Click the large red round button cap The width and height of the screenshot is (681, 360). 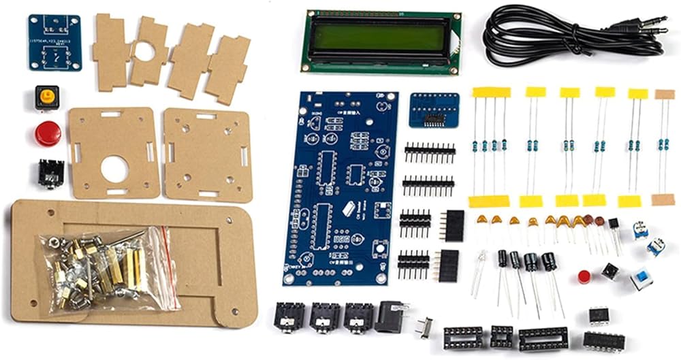[x=48, y=133]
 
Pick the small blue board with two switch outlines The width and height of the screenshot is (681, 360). [x=54, y=42]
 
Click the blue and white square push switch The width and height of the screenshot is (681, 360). [x=640, y=279]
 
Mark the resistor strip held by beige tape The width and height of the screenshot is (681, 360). [x=664, y=146]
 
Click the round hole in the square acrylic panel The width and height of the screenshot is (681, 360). [x=114, y=169]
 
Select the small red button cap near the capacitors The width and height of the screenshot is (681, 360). [x=584, y=276]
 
